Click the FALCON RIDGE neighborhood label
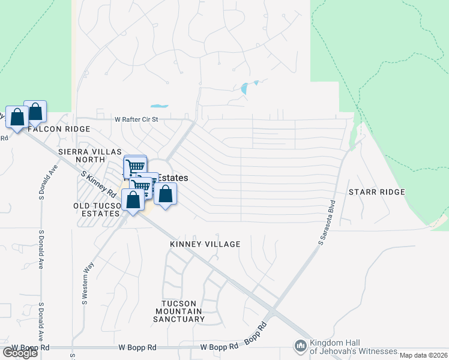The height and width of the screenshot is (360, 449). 58,129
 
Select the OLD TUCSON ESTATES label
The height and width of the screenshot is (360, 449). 96,209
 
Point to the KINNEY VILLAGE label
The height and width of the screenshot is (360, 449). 205,244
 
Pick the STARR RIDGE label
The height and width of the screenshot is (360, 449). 376,192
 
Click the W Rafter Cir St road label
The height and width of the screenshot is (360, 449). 136,119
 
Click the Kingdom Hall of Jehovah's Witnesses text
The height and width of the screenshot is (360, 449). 353,347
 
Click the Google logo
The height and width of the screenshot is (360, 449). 20,353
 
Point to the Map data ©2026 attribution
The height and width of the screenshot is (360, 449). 423,355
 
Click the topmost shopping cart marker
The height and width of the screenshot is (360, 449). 135,166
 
